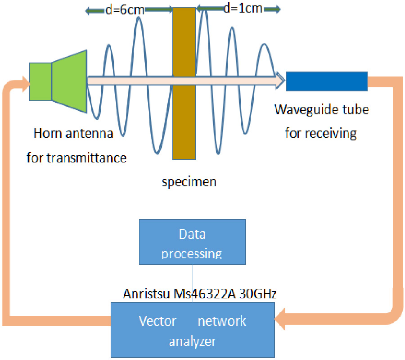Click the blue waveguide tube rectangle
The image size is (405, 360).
[x=327, y=81]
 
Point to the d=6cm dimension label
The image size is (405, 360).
[x=125, y=10]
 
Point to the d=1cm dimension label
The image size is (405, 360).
[x=243, y=8]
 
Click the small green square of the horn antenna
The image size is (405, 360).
[x=40, y=81]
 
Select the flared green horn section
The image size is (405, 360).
[x=69, y=81]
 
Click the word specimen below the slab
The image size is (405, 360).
[x=189, y=182]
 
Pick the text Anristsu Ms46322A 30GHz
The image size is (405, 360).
[x=199, y=294]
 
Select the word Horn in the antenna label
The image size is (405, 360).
[x=46, y=134]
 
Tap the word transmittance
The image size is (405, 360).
[x=94, y=157]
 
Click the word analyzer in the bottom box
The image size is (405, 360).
[x=192, y=342]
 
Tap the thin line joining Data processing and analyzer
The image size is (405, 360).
[x=193, y=283]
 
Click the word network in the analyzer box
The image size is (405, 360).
[x=222, y=321]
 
